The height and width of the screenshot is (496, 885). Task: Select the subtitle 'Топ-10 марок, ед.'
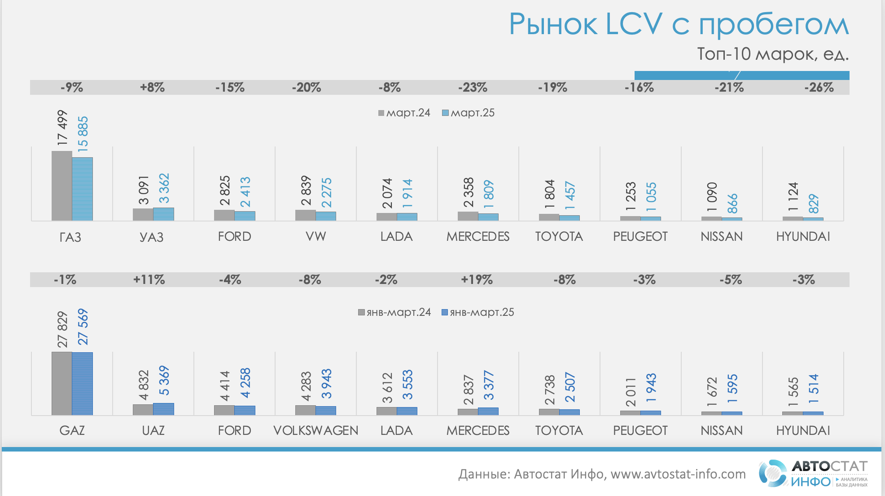click(772, 54)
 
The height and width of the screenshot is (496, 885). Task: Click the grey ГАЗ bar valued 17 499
click(62, 186)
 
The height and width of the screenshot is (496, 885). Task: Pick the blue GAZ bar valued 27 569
click(83, 384)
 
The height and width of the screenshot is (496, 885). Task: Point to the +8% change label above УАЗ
click(152, 88)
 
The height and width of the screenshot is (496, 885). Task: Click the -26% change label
click(819, 88)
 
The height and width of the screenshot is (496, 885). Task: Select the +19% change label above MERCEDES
click(477, 280)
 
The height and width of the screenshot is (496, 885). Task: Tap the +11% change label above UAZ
click(149, 280)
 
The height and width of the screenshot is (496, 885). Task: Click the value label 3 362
click(164, 189)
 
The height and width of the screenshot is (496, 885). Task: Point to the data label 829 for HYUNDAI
click(814, 204)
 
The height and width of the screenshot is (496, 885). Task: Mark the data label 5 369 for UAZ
click(164, 381)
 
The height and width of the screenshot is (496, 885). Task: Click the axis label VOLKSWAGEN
click(315, 430)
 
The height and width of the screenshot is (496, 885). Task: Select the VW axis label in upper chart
click(315, 236)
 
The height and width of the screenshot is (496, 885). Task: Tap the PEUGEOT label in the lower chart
click(640, 430)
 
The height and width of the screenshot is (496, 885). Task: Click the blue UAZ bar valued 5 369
click(163, 409)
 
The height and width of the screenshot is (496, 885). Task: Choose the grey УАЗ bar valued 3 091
click(143, 215)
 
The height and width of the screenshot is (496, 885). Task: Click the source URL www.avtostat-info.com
click(678, 474)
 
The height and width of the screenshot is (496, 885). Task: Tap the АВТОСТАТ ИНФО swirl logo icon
click(772, 474)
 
